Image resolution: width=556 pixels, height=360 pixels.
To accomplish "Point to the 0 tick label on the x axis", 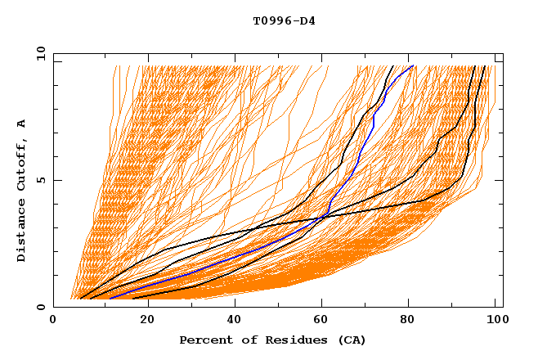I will tap(54, 319).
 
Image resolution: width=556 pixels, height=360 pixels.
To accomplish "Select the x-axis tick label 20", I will tap(146, 319).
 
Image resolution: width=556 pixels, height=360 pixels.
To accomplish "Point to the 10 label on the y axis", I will tap(38, 53).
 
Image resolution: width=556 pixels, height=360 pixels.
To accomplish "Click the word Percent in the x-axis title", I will tap(202, 340).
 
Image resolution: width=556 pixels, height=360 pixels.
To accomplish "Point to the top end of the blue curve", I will tap(414, 66).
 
